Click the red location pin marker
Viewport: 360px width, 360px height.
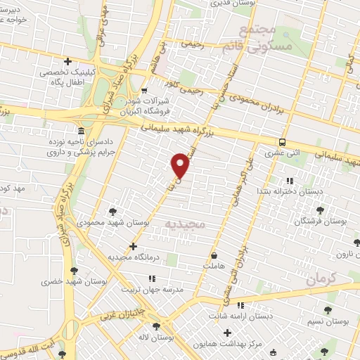click(x=181, y=165)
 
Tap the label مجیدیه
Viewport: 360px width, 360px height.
click(x=184, y=224)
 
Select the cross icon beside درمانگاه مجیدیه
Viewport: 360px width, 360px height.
click(x=134, y=247)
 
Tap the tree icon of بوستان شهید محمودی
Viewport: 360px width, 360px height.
click(x=112, y=211)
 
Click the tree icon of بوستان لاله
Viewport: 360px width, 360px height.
click(x=155, y=326)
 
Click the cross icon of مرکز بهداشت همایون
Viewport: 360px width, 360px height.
click(x=226, y=331)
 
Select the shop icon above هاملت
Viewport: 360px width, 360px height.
click(x=213, y=256)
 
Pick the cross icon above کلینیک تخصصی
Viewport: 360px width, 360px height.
click(x=67, y=62)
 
